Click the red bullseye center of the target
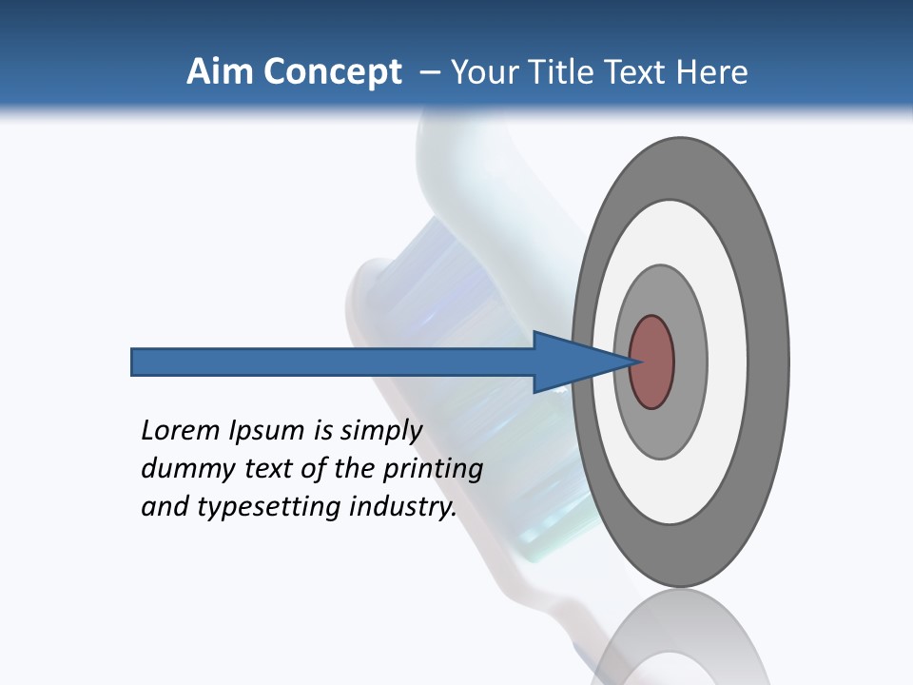651,362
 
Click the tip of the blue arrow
633,362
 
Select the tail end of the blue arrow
134,362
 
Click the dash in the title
429,72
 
